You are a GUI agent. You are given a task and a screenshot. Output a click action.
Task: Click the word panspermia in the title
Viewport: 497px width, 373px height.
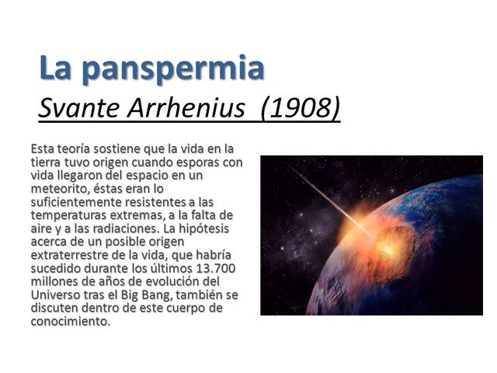pyautogui.click(x=173, y=68)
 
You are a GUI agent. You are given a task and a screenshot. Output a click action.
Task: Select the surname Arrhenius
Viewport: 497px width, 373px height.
pyautogui.click(x=191, y=109)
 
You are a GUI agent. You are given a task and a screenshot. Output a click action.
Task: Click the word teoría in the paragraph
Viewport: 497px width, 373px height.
pyautogui.click(x=78, y=148)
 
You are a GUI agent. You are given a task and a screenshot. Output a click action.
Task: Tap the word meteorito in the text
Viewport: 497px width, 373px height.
pyautogui.click(x=59, y=189)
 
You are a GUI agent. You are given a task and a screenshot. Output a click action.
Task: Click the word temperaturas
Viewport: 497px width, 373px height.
pyautogui.click(x=68, y=215)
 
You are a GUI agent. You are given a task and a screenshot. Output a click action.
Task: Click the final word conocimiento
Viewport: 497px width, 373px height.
pyautogui.click(x=69, y=321)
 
